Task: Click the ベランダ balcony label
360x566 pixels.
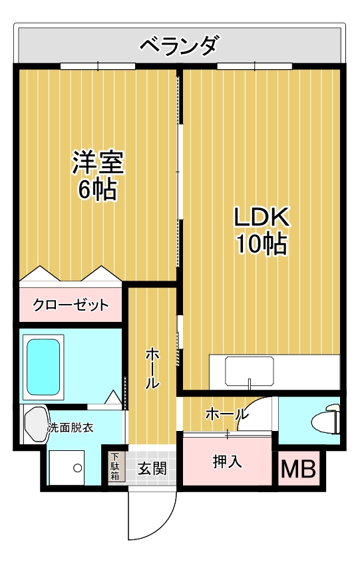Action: (x=180, y=46)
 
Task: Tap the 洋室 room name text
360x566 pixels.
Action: (x=98, y=162)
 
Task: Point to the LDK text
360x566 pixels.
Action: (x=262, y=217)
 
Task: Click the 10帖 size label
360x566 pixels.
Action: (x=262, y=243)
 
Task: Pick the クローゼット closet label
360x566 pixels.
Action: (x=71, y=305)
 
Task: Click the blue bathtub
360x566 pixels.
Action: (x=43, y=367)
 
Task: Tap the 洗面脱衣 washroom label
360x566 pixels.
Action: (x=71, y=428)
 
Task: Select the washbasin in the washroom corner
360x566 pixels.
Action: (x=36, y=424)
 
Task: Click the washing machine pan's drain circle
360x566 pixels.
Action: (x=77, y=468)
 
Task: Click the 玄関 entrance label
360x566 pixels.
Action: (x=152, y=468)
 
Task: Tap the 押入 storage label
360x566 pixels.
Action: (x=227, y=462)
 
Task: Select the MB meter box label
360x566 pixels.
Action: (x=298, y=469)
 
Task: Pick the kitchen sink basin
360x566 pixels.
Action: (x=249, y=370)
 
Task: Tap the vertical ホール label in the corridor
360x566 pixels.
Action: (x=152, y=368)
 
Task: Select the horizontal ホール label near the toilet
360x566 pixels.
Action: (x=227, y=414)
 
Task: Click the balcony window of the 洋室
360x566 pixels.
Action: (x=98, y=66)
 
